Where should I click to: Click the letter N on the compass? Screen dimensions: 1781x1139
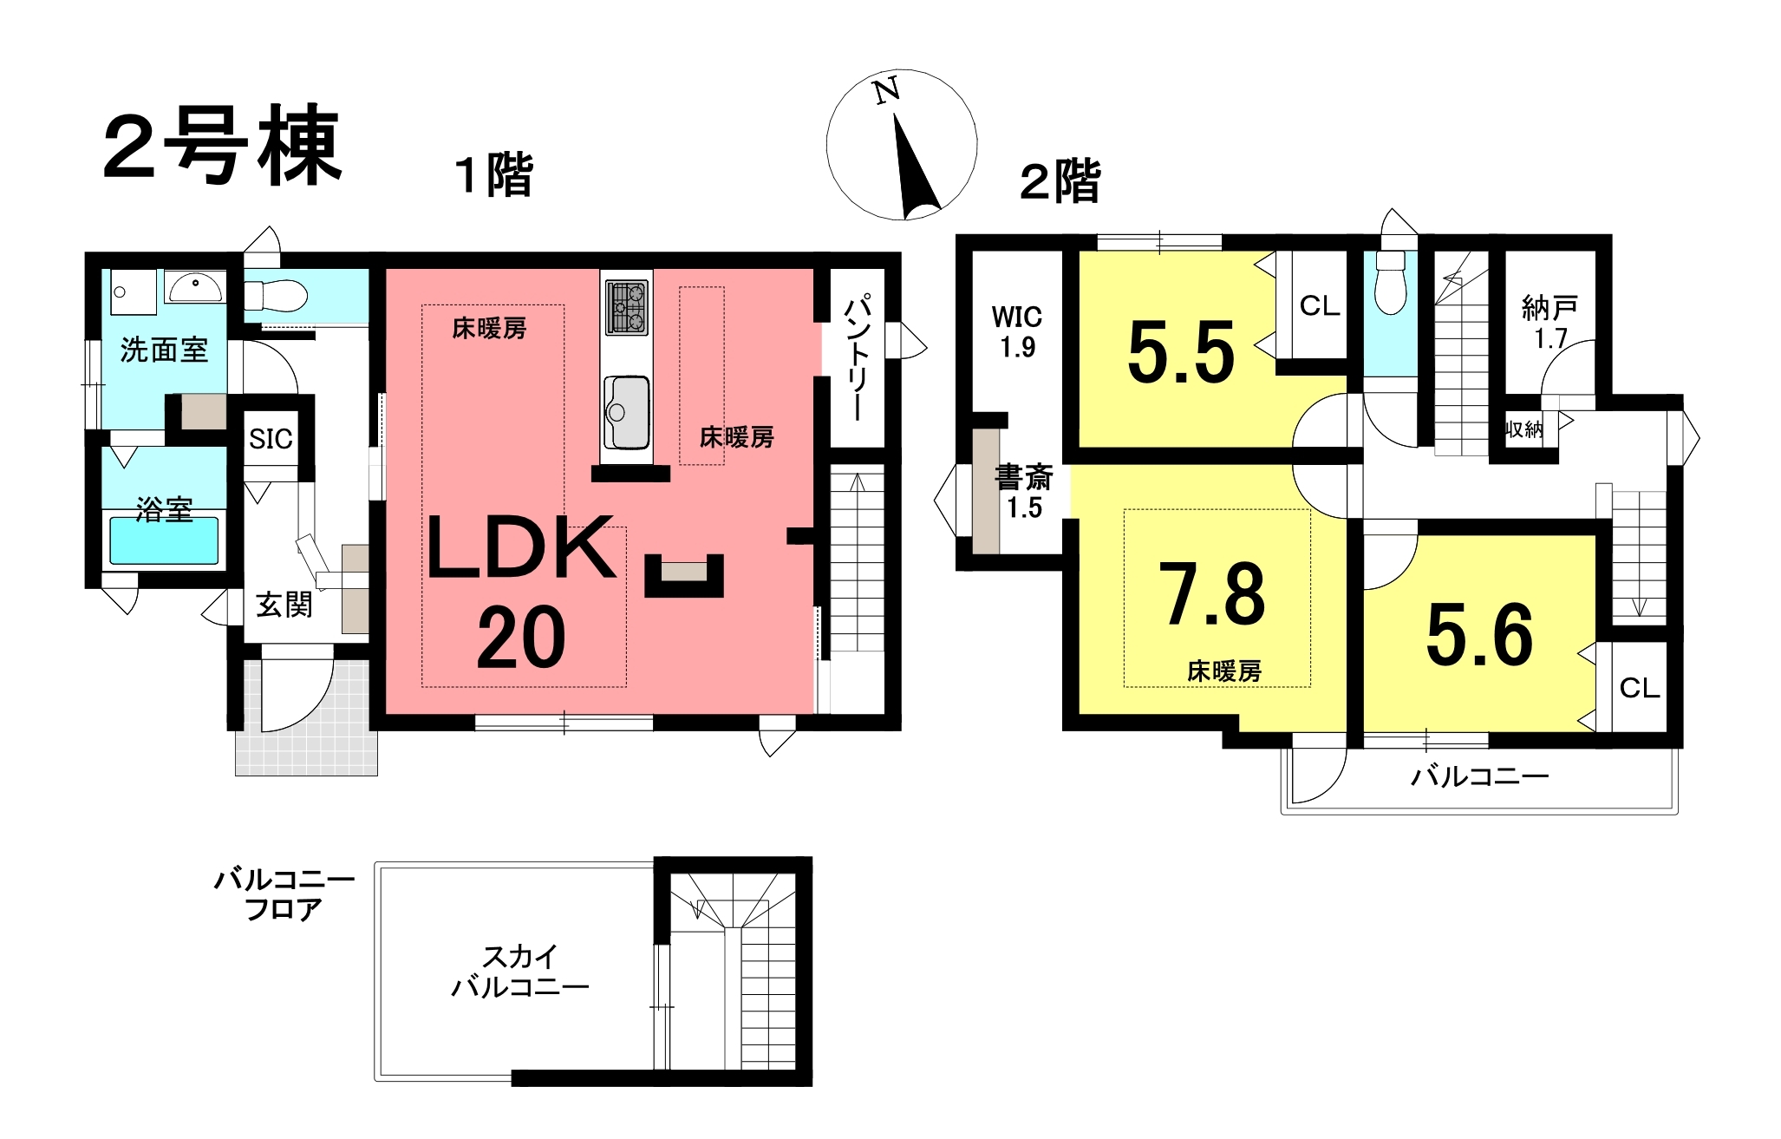886,90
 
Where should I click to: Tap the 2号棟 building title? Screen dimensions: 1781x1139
222,145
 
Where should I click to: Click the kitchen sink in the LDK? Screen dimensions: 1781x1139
626,412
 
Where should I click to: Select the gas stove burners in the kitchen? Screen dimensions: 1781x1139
626,307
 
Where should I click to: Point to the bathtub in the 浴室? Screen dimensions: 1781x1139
164,540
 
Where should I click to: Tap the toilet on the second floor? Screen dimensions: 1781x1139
1390,281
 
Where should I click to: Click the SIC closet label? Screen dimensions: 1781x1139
271,439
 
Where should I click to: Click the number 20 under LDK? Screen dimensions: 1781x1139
521,638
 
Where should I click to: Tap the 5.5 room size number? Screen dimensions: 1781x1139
1181,351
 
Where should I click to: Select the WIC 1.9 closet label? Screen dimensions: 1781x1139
1017,331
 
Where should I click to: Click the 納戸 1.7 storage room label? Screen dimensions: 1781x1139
1549,322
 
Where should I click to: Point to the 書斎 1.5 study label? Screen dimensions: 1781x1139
1024,492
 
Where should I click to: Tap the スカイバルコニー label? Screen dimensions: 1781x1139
520,972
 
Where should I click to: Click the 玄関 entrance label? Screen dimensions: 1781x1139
284,605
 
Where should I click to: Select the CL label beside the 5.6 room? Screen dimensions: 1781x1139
1640,688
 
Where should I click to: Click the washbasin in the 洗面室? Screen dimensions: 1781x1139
195,287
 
